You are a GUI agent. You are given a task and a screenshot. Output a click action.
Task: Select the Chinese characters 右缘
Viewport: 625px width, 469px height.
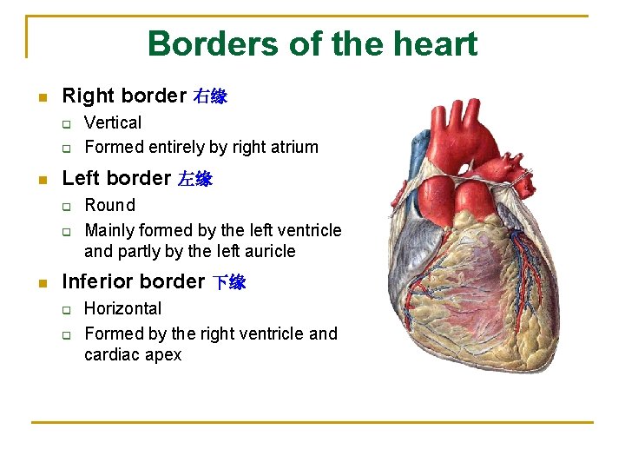pyautogui.click(x=210, y=96)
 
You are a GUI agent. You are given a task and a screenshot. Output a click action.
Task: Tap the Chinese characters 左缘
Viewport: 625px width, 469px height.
pyautogui.click(x=195, y=180)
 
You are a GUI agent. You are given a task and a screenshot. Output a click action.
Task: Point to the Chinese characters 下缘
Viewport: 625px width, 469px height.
pyautogui.click(x=230, y=282)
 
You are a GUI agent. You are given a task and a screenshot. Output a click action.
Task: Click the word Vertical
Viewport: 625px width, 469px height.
pyautogui.click(x=113, y=122)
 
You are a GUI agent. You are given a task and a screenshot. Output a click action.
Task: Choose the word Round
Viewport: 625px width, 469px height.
pyautogui.click(x=109, y=205)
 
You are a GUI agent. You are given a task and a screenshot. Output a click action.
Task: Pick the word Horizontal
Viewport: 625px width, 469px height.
pyautogui.click(x=122, y=308)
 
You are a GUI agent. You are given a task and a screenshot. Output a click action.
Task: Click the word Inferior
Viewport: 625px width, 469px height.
pyautogui.click(x=96, y=281)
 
